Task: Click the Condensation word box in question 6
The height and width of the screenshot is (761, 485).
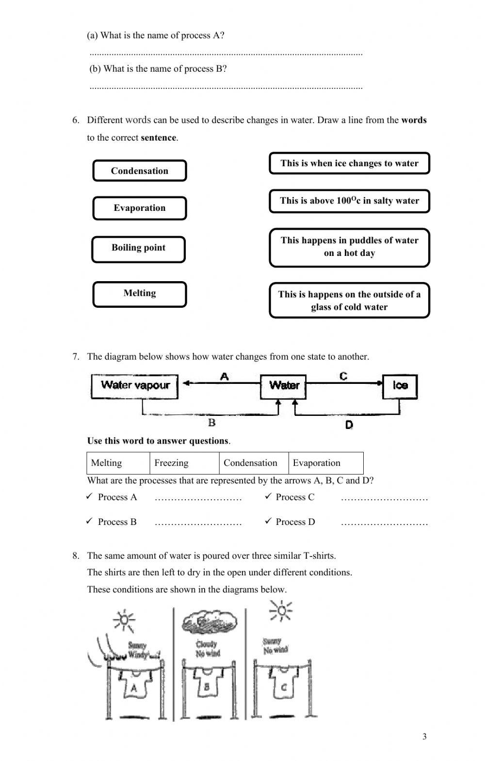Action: click(x=140, y=171)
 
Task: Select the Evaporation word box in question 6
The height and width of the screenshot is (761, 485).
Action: click(x=140, y=208)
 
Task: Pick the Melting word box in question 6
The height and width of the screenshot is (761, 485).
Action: click(x=140, y=294)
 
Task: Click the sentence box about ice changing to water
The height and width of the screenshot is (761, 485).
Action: click(x=349, y=163)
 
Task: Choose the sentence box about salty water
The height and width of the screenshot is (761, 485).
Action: click(x=349, y=201)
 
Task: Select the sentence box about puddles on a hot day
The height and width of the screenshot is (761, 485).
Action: click(x=349, y=247)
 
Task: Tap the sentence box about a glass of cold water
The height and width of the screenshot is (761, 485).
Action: click(x=349, y=301)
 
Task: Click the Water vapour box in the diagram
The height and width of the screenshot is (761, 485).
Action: click(x=135, y=386)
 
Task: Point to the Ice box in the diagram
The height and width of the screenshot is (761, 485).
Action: click(x=400, y=386)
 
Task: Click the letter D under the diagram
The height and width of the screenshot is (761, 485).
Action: click(x=349, y=425)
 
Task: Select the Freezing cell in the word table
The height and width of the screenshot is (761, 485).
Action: click(x=184, y=463)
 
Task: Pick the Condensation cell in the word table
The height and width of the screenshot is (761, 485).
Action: click(x=253, y=463)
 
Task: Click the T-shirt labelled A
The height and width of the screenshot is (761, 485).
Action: click(x=134, y=684)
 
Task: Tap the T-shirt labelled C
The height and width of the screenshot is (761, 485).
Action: click(x=284, y=684)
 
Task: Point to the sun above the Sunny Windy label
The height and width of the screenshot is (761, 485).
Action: click(x=124, y=619)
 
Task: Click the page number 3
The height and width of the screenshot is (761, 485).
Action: click(x=424, y=737)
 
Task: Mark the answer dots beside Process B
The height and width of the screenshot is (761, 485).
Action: click(x=198, y=523)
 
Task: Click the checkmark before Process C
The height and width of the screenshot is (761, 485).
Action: click(x=268, y=496)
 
